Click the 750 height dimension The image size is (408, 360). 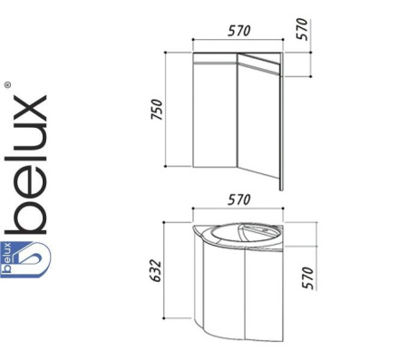coord(157,110)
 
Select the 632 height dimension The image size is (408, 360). coord(157,270)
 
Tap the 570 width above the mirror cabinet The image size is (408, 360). coord(239,31)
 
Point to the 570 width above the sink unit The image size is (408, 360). coord(239,199)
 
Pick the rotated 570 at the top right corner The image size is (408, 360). coord(302,29)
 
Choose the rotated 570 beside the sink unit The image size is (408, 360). coord(308,277)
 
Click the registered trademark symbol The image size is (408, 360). coord(7,85)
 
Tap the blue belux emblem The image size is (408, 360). coord(25,259)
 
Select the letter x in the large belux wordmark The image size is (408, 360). coord(30,109)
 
